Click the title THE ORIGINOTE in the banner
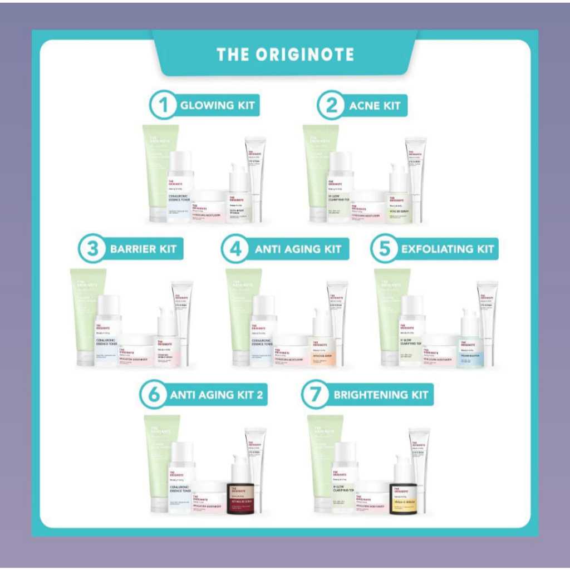pyautogui.click(x=285, y=54)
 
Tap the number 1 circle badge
pyautogui.click(x=163, y=105)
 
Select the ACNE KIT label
pyautogui.click(x=375, y=105)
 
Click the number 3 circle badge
pyautogui.click(x=92, y=249)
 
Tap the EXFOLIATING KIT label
pyautogui.click(x=448, y=249)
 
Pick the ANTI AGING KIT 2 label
pyautogui.click(x=217, y=395)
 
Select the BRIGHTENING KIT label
pyautogui.click(x=381, y=395)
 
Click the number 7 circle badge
pyautogui.click(x=316, y=395)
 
